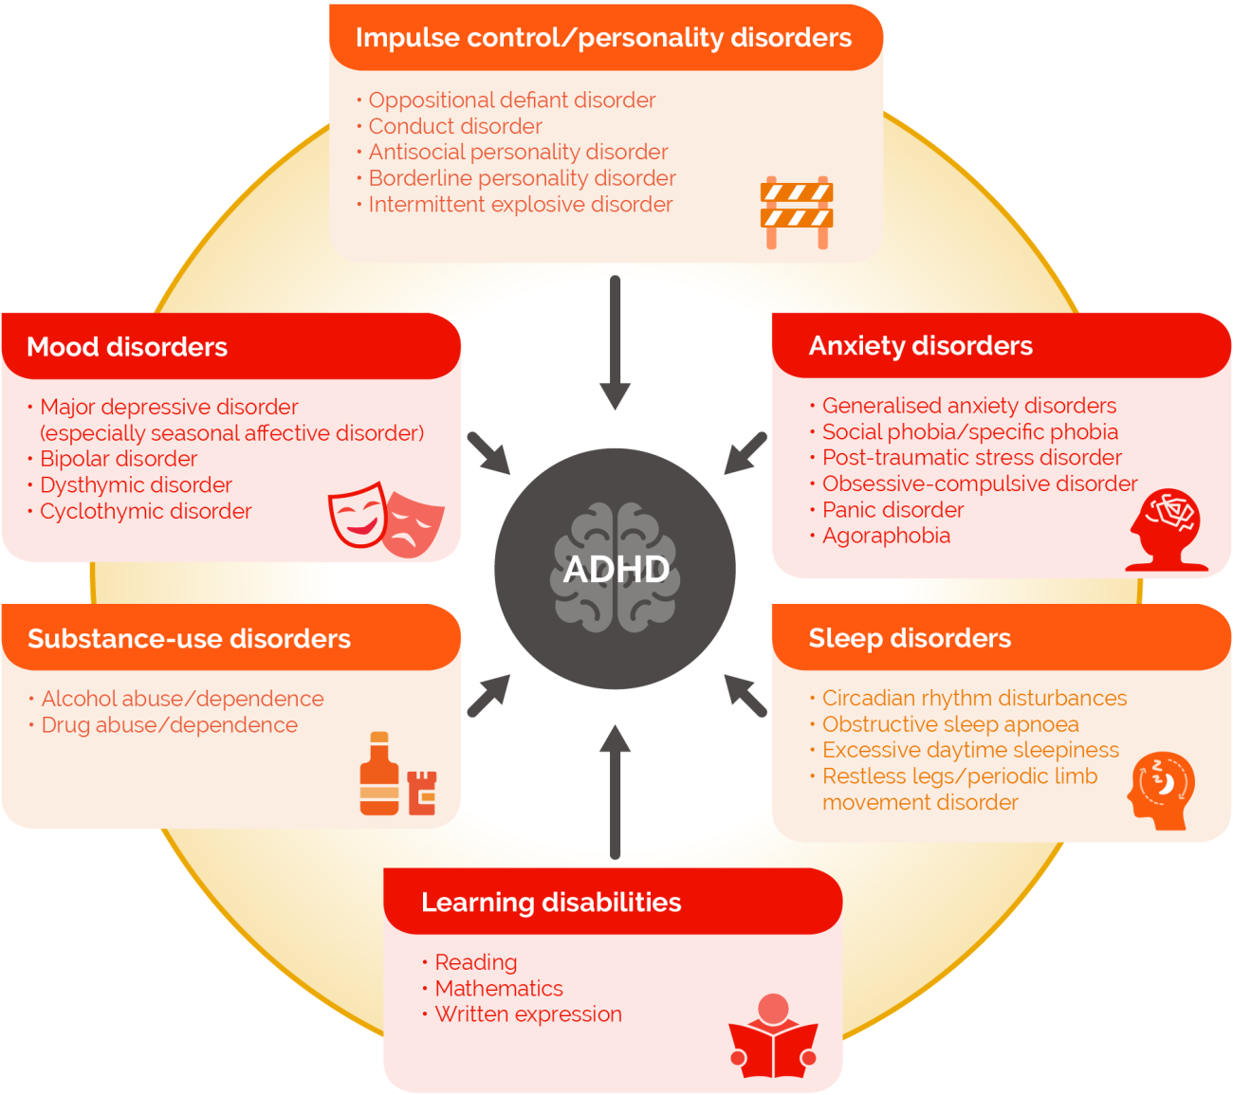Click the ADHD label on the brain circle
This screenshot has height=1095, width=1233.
(x=616, y=570)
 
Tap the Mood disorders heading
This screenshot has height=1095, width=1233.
(x=127, y=347)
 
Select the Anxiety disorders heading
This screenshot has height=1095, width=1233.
(x=920, y=346)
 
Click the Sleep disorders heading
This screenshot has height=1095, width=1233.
(x=910, y=638)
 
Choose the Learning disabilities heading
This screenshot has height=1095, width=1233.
(x=551, y=902)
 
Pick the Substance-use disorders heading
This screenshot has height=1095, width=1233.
(x=189, y=639)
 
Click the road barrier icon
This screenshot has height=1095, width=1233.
(x=797, y=212)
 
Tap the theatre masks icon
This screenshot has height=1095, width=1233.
(x=385, y=519)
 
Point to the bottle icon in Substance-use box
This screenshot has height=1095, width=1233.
(x=379, y=775)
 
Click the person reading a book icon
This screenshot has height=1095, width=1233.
(x=773, y=1038)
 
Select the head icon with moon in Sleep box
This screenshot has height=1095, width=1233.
(x=1161, y=789)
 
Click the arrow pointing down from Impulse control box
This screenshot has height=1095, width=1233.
(x=615, y=341)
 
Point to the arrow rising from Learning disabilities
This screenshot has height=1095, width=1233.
(x=615, y=792)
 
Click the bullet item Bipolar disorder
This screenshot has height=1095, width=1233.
(x=119, y=459)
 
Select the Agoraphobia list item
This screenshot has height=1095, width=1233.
(x=886, y=536)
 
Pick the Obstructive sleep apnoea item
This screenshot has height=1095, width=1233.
(x=950, y=724)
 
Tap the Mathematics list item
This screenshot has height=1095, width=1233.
(x=499, y=988)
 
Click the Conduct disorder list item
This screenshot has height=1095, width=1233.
(x=455, y=126)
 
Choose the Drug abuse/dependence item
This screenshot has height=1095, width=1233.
(x=169, y=725)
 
